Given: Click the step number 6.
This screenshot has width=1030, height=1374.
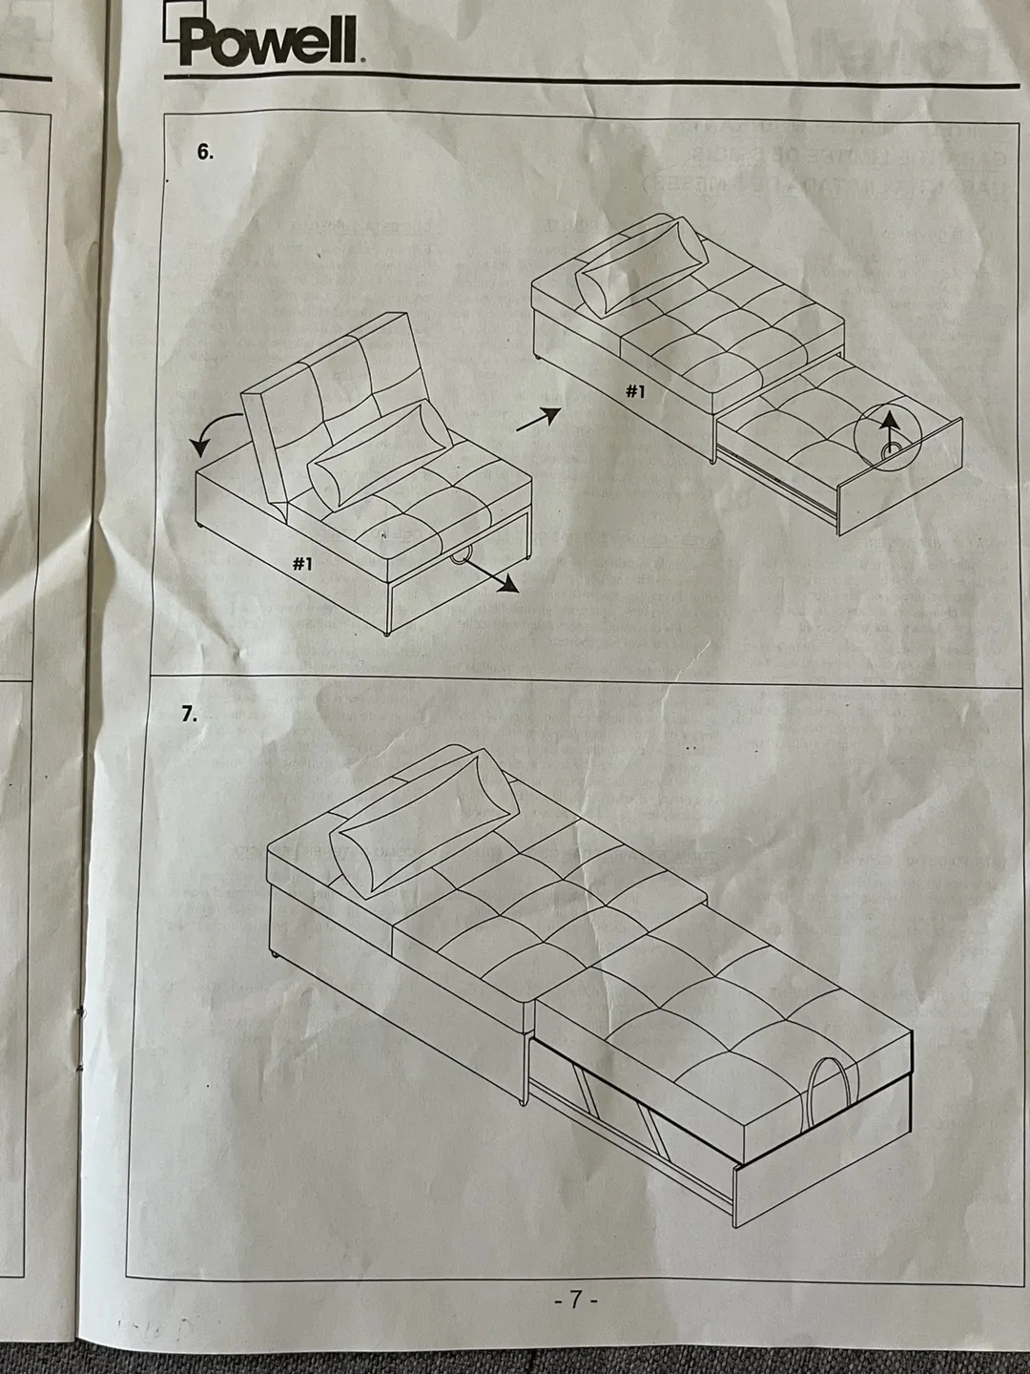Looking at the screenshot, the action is tap(204, 152).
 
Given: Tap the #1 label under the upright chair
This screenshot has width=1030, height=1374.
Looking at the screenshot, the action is tap(303, 564).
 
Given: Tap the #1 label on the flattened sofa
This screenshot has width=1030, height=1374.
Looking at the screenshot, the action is tap(635, 392).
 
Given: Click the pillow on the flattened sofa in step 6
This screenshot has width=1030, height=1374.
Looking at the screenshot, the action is tap(642, 264).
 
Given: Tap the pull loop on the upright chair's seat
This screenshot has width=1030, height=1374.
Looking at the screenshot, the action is tap(463, 556).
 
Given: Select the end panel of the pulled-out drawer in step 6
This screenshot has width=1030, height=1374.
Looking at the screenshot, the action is tap(900, 476).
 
